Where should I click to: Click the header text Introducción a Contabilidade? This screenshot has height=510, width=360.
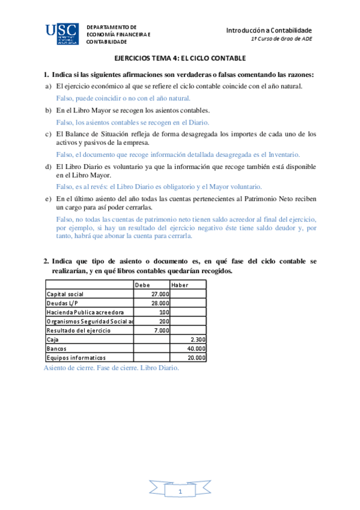[269, 30]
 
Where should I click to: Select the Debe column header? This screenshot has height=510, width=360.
[142, 285]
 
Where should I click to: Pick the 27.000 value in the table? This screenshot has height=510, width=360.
[160, 293]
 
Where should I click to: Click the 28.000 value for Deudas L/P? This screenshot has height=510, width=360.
[160, 303]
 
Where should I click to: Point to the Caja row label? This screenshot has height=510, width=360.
[52, 339]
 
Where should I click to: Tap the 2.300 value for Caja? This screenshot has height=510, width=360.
[198, 339]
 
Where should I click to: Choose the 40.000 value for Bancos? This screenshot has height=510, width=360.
[197, 348]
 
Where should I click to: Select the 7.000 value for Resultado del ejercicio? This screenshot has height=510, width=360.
[162, 330]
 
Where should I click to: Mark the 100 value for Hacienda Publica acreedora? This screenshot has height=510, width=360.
[164, 312]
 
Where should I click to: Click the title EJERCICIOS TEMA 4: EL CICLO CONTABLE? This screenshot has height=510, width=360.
[180, 58]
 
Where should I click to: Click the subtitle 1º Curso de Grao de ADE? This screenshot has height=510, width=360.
[281, 39]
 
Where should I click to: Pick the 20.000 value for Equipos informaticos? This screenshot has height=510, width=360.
[197, 357]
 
